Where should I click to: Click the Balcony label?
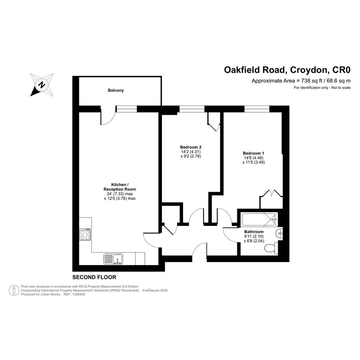tap(116, 90)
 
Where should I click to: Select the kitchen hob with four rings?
tap(85, 234)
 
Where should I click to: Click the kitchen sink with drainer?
tap(113, 259)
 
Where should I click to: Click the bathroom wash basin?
tap(279, 234)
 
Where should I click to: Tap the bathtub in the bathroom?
tap(259, 219)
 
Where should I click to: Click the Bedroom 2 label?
tap(190, 147)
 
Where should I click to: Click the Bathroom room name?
tap(254, 232)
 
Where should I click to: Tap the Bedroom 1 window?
tap(257, 109)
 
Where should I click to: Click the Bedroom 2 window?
tap(192, 109)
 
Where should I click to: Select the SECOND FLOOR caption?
tap(94, 277)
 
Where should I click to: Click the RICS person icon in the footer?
tap(14, 290)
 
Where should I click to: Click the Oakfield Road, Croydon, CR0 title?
tap(287, 70)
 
